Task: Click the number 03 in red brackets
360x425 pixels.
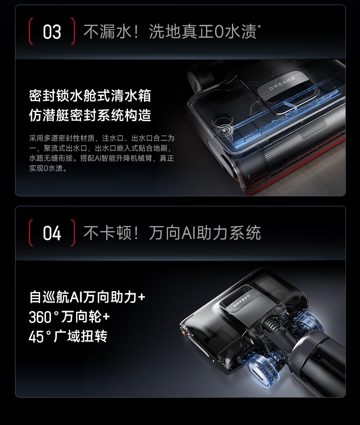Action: (52, 32)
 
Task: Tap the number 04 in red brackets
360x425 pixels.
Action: (52, 233)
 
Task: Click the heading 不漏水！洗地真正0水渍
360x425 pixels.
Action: (170, 31)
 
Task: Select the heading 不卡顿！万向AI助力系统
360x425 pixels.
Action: (172, 233)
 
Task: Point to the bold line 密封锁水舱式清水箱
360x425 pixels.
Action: (90, 96)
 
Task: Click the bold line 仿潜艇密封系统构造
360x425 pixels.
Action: (90, 115)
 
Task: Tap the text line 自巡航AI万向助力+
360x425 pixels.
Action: (87, 297)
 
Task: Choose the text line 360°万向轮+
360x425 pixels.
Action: (69, 317)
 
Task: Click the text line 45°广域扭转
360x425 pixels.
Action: (68, 336)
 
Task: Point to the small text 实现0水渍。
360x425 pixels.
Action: (48, 168)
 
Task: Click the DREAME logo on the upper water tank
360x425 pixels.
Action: (282, 83)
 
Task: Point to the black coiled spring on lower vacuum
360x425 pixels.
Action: (270, 323)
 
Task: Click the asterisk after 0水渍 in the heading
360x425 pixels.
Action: (259, 26)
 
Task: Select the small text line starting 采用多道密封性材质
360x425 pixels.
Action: (102, 138)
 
